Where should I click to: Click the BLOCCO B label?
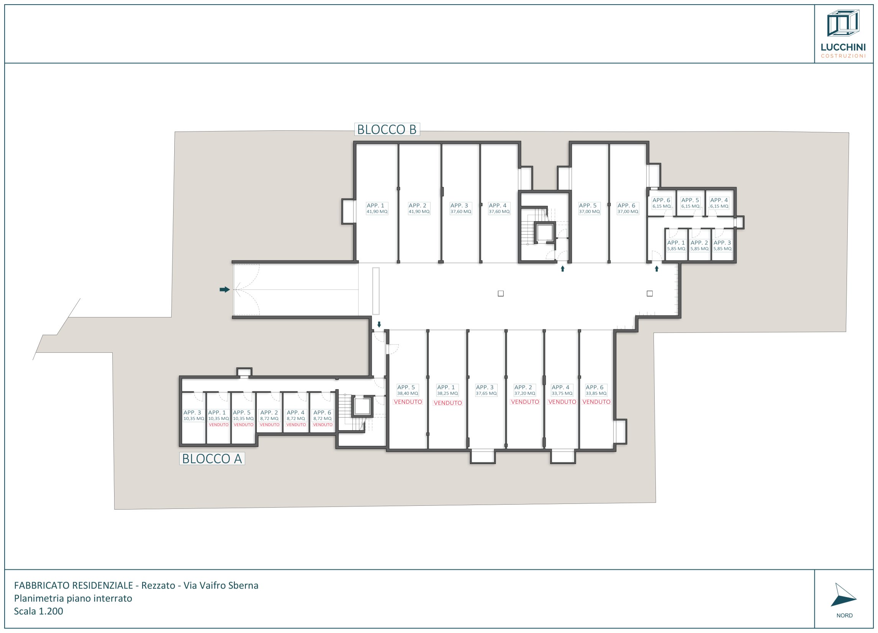tap(387, 129)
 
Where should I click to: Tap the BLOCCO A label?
tap(212, 459)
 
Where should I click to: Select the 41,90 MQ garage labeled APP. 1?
tap(377, 209)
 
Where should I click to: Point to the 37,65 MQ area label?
tap(486, 393)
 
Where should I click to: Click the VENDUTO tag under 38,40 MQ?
tap(408, 402)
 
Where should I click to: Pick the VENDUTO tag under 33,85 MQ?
tap(596, 402)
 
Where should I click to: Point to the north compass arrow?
tap(843, 596)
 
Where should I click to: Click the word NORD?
tap(844, 616)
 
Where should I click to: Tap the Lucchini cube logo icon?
tap(843, 23)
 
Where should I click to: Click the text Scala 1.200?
tap(38, 611)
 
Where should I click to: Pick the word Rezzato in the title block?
tap(158, 585)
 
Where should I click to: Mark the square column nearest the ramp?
tap(501, 294)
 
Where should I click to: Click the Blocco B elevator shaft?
tap(545, 232)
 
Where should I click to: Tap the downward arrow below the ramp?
tap(379, 325)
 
